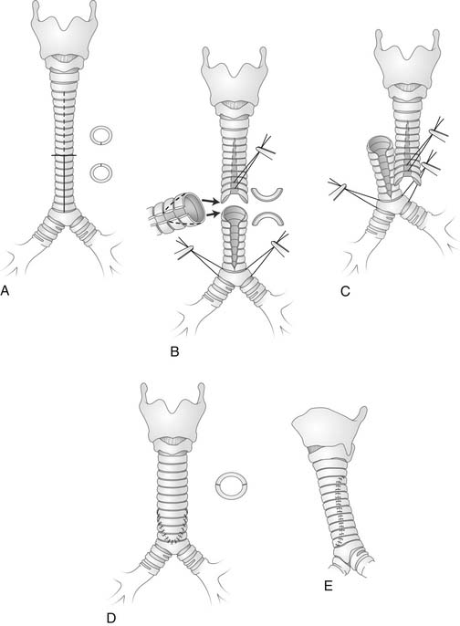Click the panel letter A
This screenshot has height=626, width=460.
(5, 290)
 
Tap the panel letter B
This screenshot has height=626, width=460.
(174, 351)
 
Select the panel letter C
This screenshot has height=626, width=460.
(345, 291)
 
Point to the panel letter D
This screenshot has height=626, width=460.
(111, 618)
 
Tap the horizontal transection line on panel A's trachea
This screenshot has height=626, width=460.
(64, 155)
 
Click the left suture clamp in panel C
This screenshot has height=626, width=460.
(337, 189)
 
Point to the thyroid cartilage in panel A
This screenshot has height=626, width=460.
(64, 34)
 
